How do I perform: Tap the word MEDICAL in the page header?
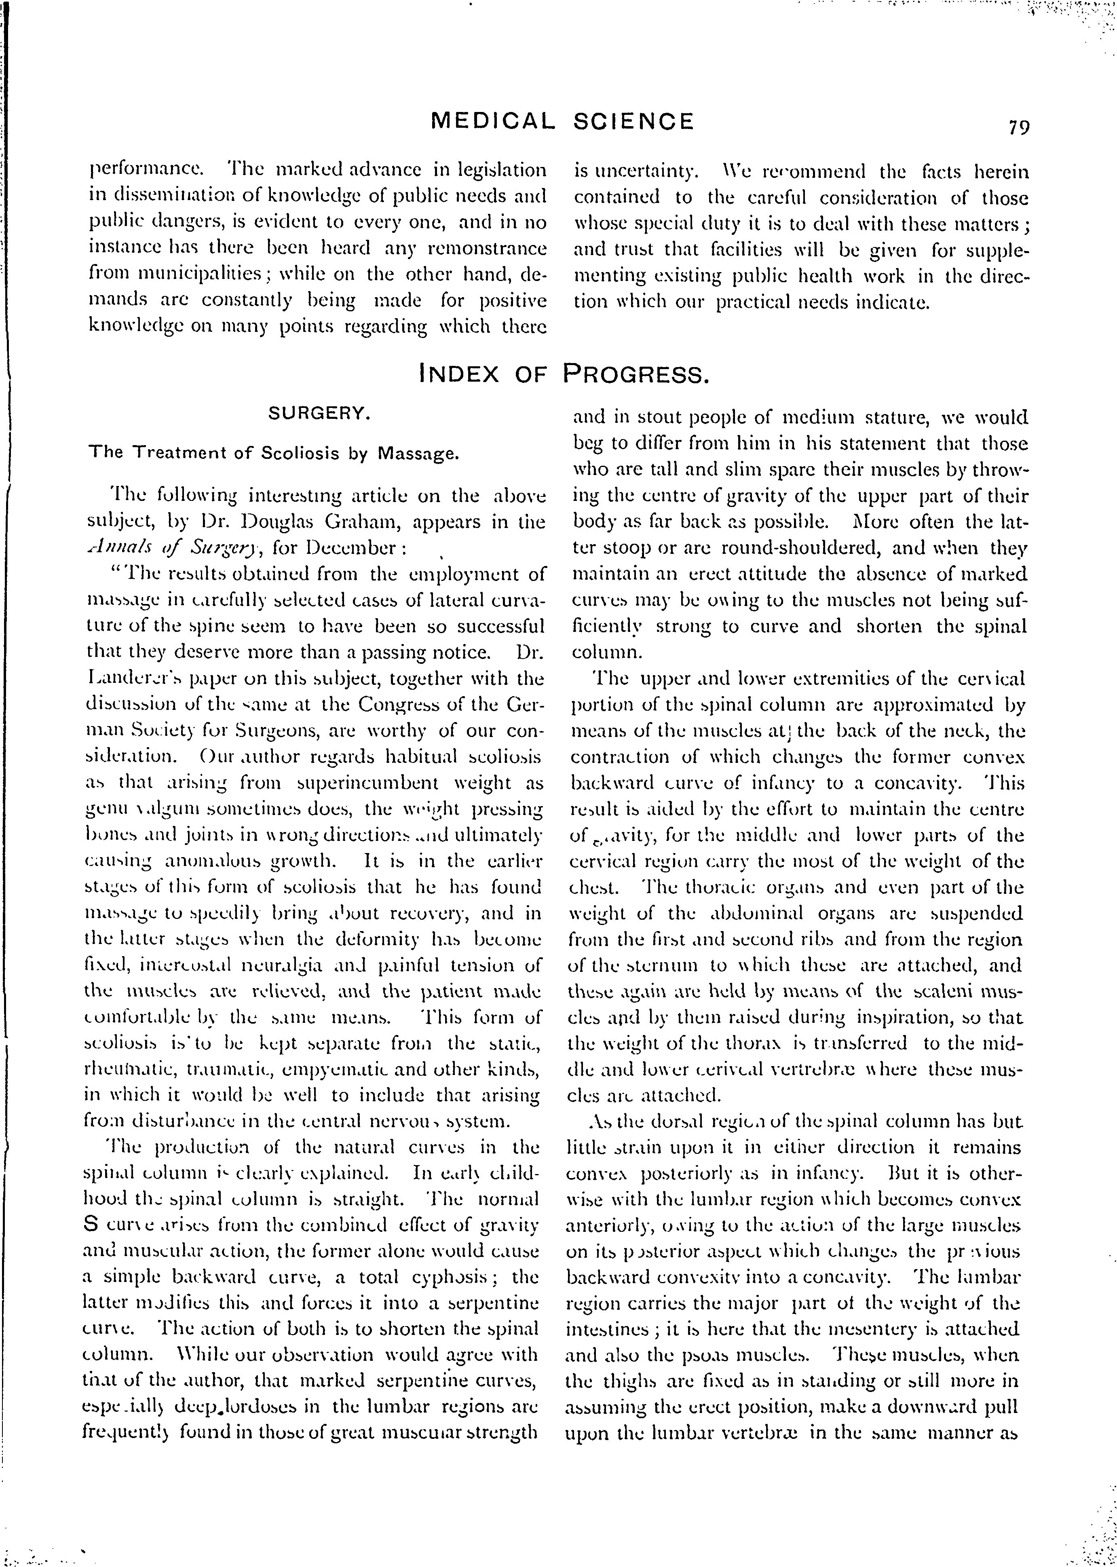tap(492, 122)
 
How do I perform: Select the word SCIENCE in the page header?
tap(633, 122)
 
